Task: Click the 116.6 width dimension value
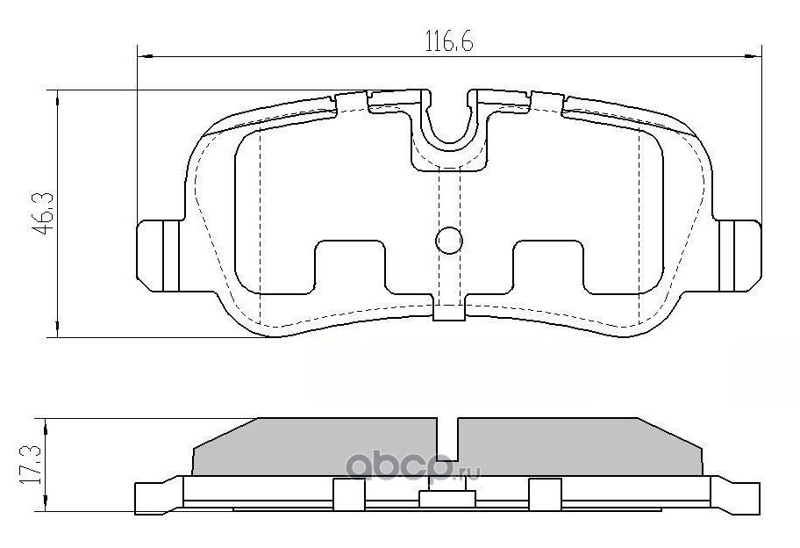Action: click(449, 41)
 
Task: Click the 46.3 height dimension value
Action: click(43, 213)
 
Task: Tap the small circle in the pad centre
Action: click(449, 240)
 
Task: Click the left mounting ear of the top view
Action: click(159, 256)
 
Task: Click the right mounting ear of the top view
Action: click(739, 256)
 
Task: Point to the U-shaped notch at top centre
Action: click(448, 123)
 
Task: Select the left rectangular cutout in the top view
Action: click(349, 267)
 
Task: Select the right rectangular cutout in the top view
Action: click(548, 267)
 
